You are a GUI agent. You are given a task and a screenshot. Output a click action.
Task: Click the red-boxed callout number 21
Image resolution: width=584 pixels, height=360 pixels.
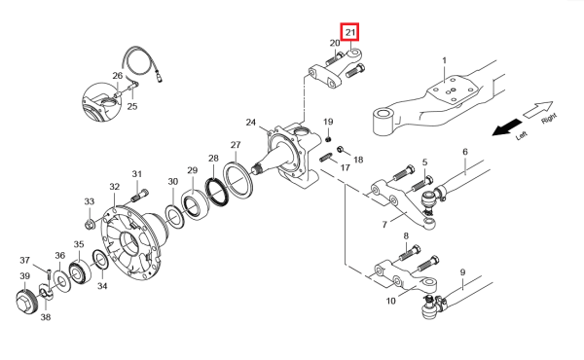[x=350, y=32]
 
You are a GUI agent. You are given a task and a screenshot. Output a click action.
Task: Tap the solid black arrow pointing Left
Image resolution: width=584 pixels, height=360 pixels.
[x=507, y=127]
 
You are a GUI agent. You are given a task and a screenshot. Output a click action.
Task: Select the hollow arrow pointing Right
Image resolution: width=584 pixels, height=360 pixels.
[x=538, y=109]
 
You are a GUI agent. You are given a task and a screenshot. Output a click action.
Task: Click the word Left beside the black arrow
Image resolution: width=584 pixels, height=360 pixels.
[x=522, y=136]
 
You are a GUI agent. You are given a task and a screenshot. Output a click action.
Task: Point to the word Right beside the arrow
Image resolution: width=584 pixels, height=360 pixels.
[x=549, y=119]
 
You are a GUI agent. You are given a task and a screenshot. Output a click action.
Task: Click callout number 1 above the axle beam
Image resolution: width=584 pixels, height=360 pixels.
[x=444, y=60]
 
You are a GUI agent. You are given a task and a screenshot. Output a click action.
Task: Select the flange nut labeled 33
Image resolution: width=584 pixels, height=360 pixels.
[x=90, y=225]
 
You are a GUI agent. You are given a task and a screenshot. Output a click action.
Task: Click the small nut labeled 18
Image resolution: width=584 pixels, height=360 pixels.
[x=341, y=150]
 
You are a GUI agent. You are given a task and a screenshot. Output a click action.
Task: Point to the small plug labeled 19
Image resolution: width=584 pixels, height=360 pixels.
[x=328, y=139]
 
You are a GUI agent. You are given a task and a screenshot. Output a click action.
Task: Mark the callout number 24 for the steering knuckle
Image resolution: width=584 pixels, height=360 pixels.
[x=251, y=123]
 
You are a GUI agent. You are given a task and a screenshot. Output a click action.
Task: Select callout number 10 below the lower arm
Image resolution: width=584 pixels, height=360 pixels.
[x=390, y=301]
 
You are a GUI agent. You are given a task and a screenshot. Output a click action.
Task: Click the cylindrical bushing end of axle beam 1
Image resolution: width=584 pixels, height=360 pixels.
[x=383, y=122]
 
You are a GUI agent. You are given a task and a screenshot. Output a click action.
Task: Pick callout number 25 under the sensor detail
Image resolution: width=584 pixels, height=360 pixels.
[x=132, y=106]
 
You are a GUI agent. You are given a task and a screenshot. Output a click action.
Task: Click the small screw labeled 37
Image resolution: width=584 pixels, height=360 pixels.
[x=49, y=274]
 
